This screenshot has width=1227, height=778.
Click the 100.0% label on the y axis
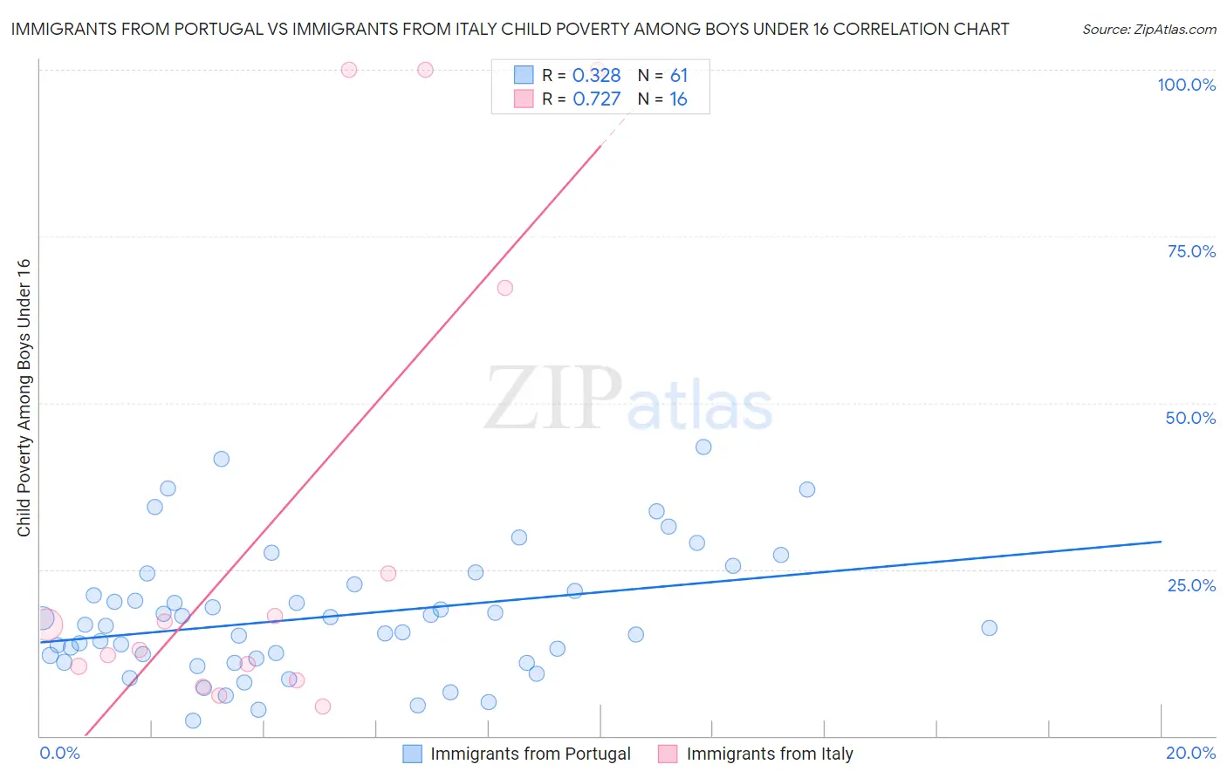tap(1186, 85)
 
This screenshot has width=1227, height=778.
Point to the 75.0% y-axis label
tap(1191, 251)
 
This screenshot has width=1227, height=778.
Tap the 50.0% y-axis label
tap(1190, 418)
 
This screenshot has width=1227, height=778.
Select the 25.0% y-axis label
tap(1191, 585)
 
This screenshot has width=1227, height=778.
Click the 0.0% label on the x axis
tap(59, 753)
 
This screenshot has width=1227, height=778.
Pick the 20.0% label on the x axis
tap(1190, 753)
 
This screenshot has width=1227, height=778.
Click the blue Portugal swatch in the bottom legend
tap(412, 754)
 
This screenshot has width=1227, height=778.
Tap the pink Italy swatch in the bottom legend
tap(668, 754)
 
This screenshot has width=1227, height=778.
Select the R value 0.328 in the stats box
tap(596, 76)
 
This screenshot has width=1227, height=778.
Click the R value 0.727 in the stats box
tap(596, 99)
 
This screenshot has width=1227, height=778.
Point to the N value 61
tap(678, 76)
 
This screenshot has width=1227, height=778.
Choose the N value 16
tap(678, 99)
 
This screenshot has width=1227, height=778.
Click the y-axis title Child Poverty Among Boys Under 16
tap(24, 398)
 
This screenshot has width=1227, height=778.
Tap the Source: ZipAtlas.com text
tap(1148, 30)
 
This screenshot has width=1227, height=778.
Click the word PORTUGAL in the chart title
tap(218, 29)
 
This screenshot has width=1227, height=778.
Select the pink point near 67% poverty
tap(504, 288)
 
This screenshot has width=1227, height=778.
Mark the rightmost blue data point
tap(989, 628)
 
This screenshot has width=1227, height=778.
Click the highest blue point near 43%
tap(703, 447)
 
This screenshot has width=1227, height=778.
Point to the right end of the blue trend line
tap(1161, 542)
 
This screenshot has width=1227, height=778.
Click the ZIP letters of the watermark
tap(552, 399)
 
